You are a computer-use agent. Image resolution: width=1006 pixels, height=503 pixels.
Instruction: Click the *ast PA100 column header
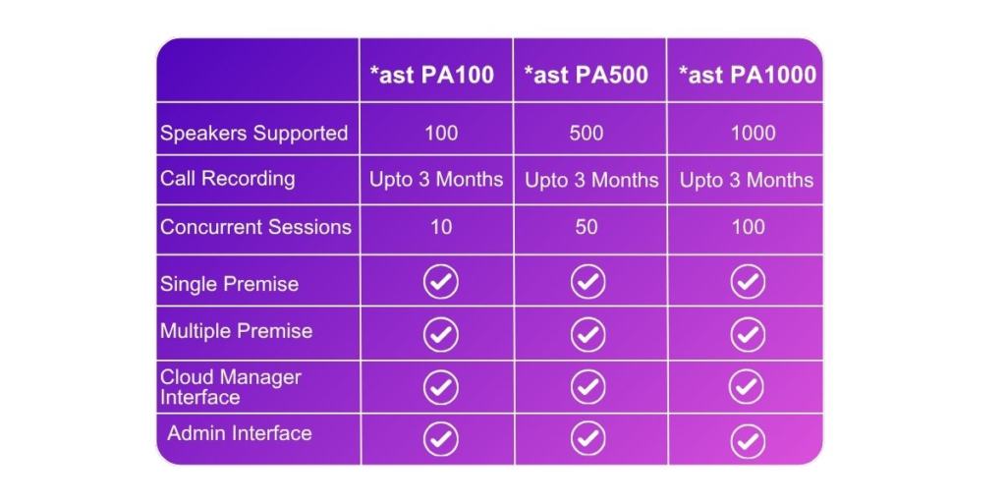[x=431, y=76]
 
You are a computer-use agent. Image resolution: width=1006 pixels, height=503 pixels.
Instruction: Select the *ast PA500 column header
[x=586, y=76]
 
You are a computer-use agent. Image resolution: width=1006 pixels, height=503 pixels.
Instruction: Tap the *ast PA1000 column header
[x=747, y=76]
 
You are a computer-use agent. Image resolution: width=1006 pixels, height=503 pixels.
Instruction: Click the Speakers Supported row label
[x=253, y=133]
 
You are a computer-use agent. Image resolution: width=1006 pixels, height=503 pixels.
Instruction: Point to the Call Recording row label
[x=227, y=179]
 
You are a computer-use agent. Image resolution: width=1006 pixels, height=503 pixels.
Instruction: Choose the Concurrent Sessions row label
[x=255, y=227]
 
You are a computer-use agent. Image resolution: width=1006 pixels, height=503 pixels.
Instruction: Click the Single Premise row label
[x=229, y=284]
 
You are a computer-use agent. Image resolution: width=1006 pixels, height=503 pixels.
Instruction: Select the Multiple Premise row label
[x=236, y=331]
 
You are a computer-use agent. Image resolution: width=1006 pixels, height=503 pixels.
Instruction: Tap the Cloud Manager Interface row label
[x=230, y=387]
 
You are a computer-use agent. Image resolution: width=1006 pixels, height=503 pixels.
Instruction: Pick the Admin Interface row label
[x=239, y=433]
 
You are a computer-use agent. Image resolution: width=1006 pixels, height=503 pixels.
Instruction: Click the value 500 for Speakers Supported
[x=587, y=133]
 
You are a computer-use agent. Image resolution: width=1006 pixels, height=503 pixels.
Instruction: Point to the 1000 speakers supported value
[x=753, y=133]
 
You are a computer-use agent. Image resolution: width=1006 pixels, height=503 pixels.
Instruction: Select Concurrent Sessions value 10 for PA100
[x=441, y=227]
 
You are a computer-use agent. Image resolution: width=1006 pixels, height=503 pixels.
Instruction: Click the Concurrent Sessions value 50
[x=587, y=227]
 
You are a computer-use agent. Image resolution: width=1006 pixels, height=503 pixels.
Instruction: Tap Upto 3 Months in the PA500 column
[x=591, y=181]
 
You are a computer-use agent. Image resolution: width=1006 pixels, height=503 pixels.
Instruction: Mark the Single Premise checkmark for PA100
[x=440, y=283]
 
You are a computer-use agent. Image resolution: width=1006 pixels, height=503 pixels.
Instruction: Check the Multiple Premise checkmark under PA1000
[x=749, y=335]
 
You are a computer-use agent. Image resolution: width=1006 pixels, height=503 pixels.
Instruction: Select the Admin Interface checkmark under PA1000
[x=749, y=440]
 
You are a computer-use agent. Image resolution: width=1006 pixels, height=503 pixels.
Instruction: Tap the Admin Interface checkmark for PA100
[x=440, y=436]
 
